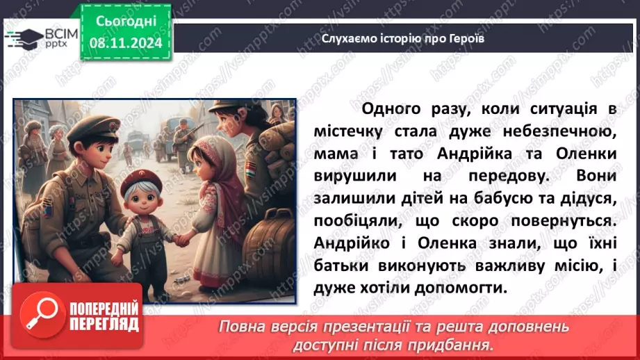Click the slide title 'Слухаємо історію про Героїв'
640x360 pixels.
pos(403,39)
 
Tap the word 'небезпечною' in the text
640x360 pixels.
pos(563,132)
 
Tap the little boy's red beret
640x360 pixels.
pos(141,183)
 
